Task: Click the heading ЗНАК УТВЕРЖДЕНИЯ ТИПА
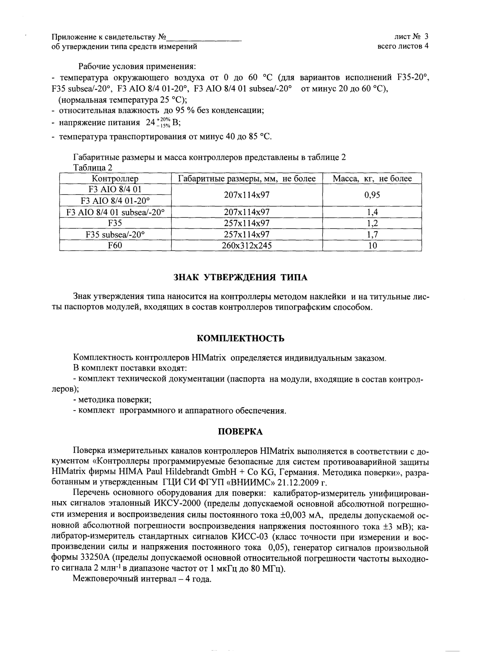[241, 277]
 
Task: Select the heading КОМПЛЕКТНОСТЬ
[241, 338]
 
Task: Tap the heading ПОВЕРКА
[240, 432]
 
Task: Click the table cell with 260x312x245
[246, 245]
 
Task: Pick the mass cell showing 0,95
[372, 195]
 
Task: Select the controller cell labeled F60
[115, 245]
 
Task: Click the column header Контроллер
[115, 178]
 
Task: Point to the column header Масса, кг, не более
[372, 178]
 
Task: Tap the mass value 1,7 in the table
[372, 234]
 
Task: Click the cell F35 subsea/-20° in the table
[115, 234]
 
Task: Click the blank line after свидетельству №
[204, 38]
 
